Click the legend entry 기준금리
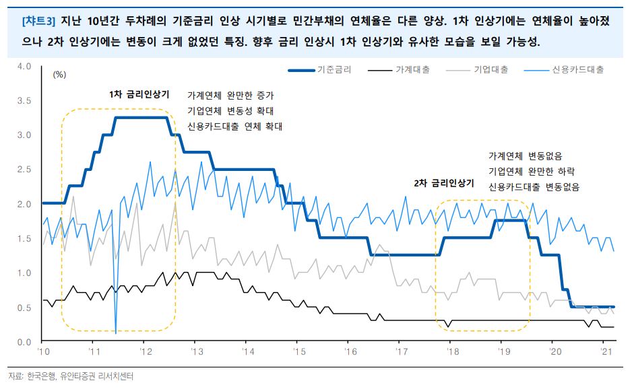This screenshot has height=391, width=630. [333, 69]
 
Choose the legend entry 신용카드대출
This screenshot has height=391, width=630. [577, 69]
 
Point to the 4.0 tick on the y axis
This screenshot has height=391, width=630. [24, 66]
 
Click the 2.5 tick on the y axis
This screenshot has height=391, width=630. [24, 170]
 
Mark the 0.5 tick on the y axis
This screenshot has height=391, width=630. [24, 308]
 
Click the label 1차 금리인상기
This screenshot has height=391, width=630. [139, 94]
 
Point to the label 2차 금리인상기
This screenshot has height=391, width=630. [444, 183]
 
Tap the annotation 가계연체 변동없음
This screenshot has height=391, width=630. [526, 155]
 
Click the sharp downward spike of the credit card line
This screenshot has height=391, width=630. [116, 332]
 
